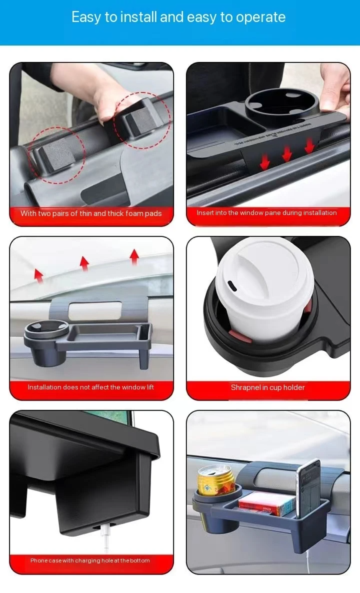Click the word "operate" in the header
click(260, 17)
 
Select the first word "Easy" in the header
click(85, 17)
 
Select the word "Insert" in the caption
click(205, 213)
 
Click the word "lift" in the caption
click(148, 387)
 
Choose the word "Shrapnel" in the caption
click(246, 387)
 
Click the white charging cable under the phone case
click(106, 539)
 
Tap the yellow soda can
click(215, 479)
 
